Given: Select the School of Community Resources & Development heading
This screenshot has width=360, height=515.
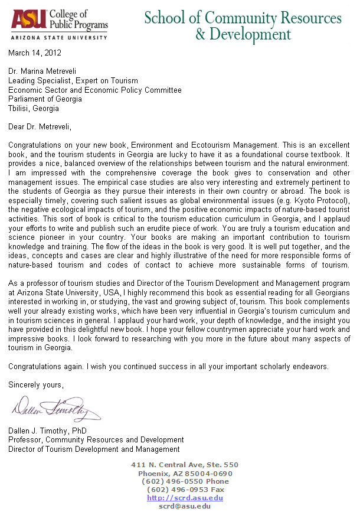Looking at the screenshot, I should point(243,25).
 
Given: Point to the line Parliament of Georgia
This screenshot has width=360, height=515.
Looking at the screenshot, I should point(45,99).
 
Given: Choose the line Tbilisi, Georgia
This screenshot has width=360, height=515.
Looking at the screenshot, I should point(34,109).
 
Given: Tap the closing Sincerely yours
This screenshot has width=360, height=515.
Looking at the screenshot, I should point(35,385).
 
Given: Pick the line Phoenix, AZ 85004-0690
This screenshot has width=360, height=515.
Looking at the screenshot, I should point(185,473).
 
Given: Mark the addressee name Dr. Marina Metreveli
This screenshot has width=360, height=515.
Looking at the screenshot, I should point(47,71).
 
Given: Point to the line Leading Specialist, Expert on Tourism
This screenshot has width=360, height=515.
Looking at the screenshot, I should point(73,80).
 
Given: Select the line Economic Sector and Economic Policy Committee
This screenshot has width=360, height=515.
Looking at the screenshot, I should point(95,90).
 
